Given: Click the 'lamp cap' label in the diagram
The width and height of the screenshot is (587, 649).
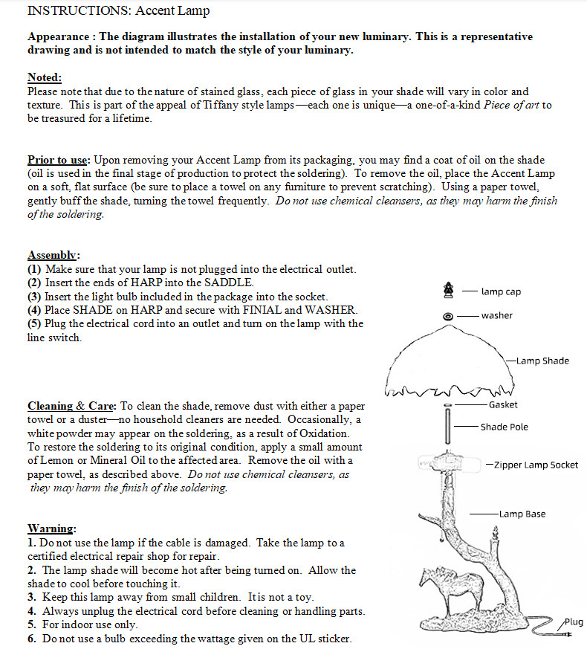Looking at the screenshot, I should [x=501, y=292].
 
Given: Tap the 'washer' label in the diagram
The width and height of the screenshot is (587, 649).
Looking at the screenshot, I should [x=496, y=316].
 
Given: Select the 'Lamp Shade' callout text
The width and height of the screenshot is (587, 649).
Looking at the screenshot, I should [x=542, y=361].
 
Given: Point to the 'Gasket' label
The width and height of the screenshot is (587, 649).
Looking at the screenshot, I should [x=503, y=405].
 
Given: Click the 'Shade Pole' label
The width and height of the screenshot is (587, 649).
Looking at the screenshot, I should [x=504, y=427].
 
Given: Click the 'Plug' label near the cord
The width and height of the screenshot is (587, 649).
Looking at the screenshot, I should [x=574, y=622].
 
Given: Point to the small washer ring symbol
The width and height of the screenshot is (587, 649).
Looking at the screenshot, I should [x=447, y=316].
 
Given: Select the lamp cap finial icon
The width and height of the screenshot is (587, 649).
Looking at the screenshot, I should [x=447, y=289].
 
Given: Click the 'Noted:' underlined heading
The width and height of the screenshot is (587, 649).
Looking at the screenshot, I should [x=45, y=78].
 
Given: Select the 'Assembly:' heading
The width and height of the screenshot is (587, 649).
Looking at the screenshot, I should [x=53, y=255].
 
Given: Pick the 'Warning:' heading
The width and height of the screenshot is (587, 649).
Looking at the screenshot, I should [x=51, y=529].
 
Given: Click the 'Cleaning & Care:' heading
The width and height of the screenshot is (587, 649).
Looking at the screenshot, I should [x=71, y=406].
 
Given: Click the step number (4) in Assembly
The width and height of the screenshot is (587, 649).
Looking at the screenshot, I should [x=35, y=310].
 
